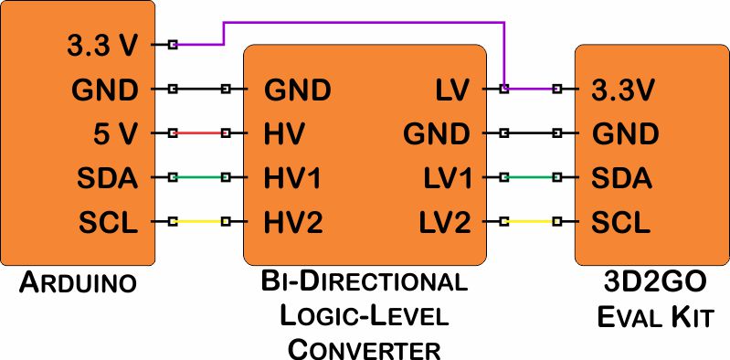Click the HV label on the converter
click(284, 133)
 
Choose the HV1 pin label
click(293, 176)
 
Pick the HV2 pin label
click(293, 220)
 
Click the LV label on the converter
click(450, 90)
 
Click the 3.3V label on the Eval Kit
click(624, 90)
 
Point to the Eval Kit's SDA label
click(622, 176)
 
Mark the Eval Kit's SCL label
click(621, 220)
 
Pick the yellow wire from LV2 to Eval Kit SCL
click(530, 220)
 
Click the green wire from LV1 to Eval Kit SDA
click(530, 176)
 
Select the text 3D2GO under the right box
click(651, 281)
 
